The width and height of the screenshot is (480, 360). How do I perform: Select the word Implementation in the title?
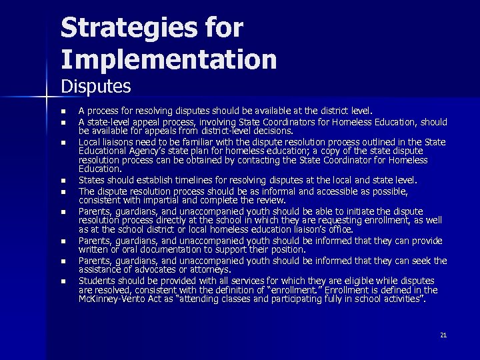point(168,59)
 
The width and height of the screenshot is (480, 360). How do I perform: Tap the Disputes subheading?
point(95,87)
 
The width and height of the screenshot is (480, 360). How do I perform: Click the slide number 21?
point(443,335)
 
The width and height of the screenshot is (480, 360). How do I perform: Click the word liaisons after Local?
point(117,142)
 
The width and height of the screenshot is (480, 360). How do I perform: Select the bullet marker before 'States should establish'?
point(63,181)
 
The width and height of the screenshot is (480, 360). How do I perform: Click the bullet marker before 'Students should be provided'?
point(63,281)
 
